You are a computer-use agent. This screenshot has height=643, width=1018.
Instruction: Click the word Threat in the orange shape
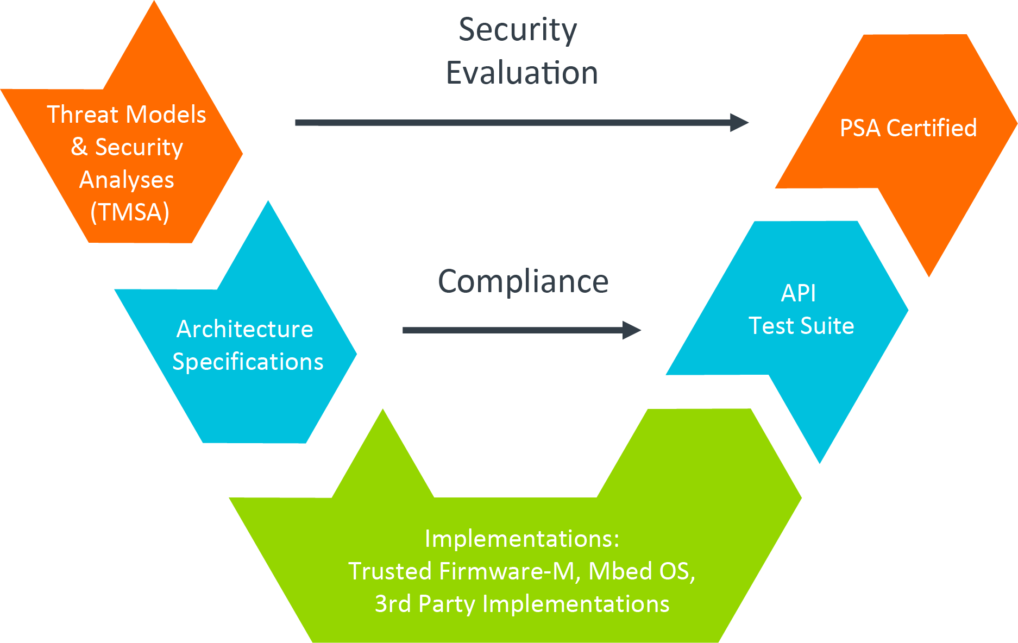pyautogui.click(x=82, y=115)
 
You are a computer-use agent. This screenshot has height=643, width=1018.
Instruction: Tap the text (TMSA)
pyautogui.click(x=130, y=212)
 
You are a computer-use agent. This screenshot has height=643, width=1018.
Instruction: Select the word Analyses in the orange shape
pyautogui.click(x=127, y=180)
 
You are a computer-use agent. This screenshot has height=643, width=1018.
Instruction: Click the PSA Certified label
pyautogui.click(x=908, y=128)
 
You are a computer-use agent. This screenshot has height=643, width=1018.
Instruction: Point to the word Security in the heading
pyautogui.click(x=517, y=30)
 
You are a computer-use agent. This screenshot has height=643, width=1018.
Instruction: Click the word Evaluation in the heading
pyautogui.click(x=521, y=73)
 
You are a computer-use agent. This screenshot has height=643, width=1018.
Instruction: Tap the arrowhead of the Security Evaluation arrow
pyautogui.click(x=740, y=123)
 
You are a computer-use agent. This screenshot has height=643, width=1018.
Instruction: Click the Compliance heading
pyautogui.click(x=523, y=281)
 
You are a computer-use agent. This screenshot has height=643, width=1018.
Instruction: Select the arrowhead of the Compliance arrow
pyautogui.click(x=632, y=330)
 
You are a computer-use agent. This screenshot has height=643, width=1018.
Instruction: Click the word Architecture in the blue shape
pyautogui.click(x=245, y=329)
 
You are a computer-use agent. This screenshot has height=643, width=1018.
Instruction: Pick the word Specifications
pyautogui.click(x=248, y=362)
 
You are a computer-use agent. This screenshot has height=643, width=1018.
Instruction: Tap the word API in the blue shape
pyautogui.click(x=798, y=293)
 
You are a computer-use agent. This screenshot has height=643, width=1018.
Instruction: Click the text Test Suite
pyautogui.click(x=801, y=326)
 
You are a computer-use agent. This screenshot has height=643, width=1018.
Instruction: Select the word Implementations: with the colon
pyautogui.click(x=521, y=539)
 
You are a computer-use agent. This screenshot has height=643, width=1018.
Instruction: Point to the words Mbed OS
pyautogui.click(x=641, y=571)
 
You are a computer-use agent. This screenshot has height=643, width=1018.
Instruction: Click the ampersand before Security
pyautogui.click(x=79, y=147)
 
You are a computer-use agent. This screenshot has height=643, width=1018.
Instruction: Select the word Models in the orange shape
pyautogui.click(x=166, y=115)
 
